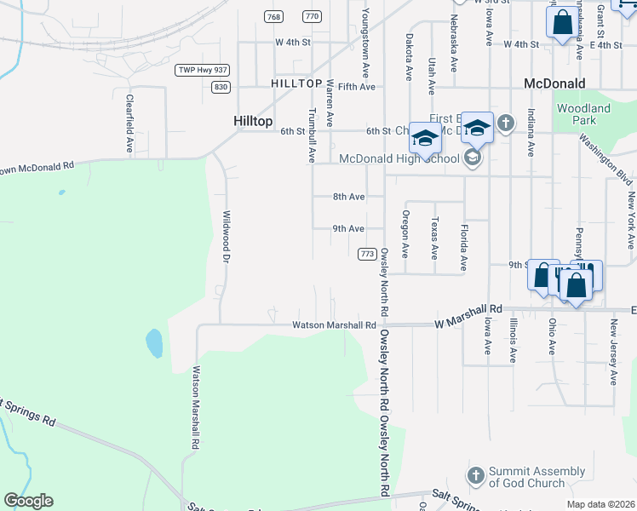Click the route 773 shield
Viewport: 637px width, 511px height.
point(368,255)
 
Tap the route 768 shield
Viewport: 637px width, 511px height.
point(273,17)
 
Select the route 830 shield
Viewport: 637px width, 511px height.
point(221,87)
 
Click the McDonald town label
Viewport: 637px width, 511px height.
point(554,83)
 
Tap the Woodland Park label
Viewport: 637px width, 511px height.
point(583,115)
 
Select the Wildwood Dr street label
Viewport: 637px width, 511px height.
point(227,236)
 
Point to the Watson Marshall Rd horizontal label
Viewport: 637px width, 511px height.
point(334,324)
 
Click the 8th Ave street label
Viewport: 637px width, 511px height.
point(348,197)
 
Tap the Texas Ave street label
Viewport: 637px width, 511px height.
point(435,238)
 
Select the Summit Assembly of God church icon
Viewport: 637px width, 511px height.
point(476,474)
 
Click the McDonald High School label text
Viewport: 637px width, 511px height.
point(399,158)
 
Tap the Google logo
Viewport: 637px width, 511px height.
point(28,501)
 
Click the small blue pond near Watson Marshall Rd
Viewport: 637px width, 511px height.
point(154,343)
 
